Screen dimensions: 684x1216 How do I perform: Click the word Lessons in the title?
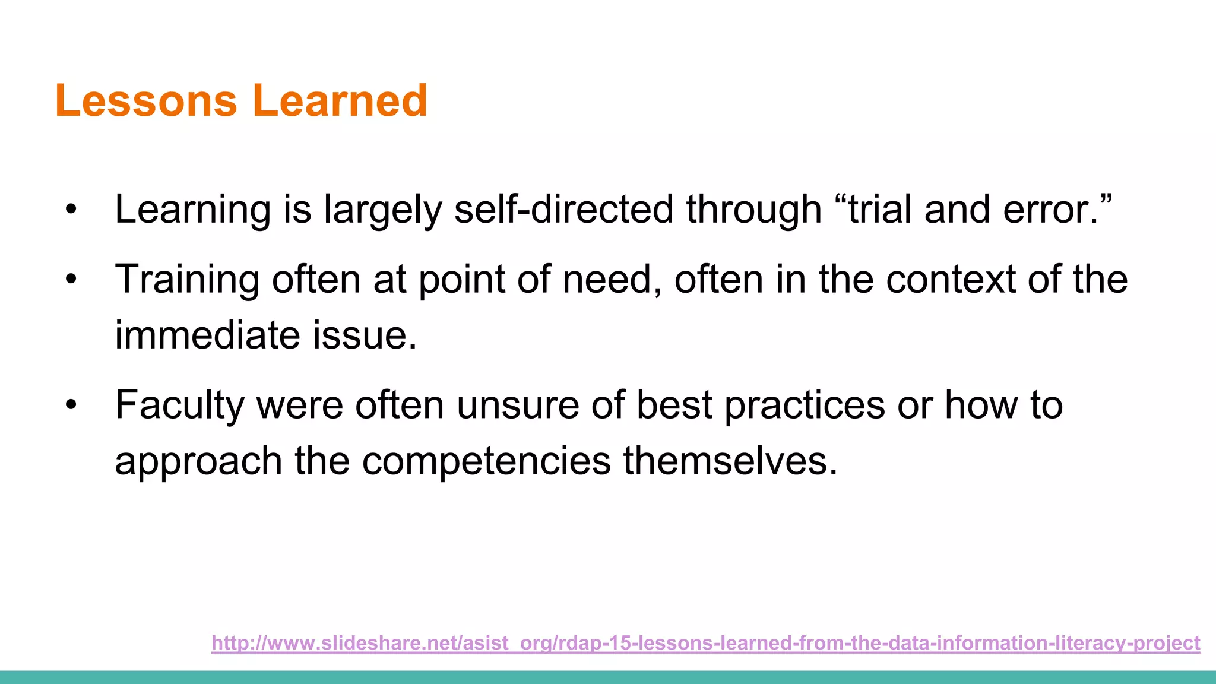click(146, 100)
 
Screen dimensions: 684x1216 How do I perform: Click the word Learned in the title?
click(340, 100)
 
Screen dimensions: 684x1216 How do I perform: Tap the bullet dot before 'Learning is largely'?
click(71, 210)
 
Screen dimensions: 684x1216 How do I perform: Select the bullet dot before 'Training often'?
click(71, 279)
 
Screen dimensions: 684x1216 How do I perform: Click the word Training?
click(187, 279)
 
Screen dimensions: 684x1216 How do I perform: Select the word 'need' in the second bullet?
click(612, 279)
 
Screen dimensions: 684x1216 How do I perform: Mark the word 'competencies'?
click(486, 461)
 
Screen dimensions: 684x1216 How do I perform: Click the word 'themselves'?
click(730, 461)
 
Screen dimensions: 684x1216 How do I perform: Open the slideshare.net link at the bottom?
click(705, 643)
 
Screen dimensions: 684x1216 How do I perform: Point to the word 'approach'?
click(198, 461)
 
